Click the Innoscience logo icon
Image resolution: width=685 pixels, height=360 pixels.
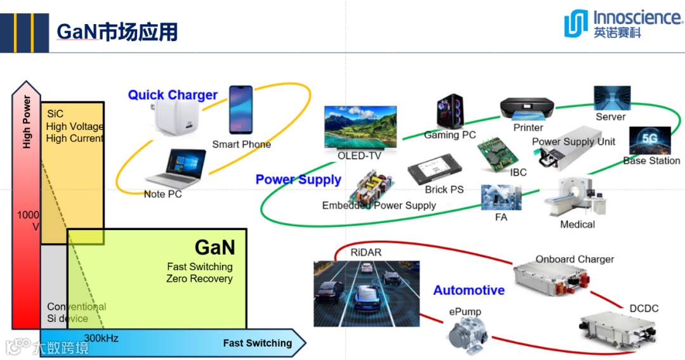point(576,24)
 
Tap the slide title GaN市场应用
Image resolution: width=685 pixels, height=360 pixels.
point(117,32)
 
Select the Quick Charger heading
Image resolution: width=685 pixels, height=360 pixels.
point(173,95)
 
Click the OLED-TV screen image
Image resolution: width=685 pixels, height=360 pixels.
point(360,127)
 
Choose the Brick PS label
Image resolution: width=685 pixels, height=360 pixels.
point(444,190)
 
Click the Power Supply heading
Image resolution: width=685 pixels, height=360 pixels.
point(298,179)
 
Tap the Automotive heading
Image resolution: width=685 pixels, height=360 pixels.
point(469,290)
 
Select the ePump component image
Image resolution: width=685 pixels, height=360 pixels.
point(466,332)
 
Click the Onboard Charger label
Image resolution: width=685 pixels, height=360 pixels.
point(575,259)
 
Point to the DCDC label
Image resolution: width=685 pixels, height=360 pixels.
point(644,309)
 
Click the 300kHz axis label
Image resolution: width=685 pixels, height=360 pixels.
point(101,338)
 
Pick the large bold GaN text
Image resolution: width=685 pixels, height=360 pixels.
point(214,247)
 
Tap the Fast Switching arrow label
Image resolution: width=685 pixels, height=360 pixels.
point(258,343)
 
